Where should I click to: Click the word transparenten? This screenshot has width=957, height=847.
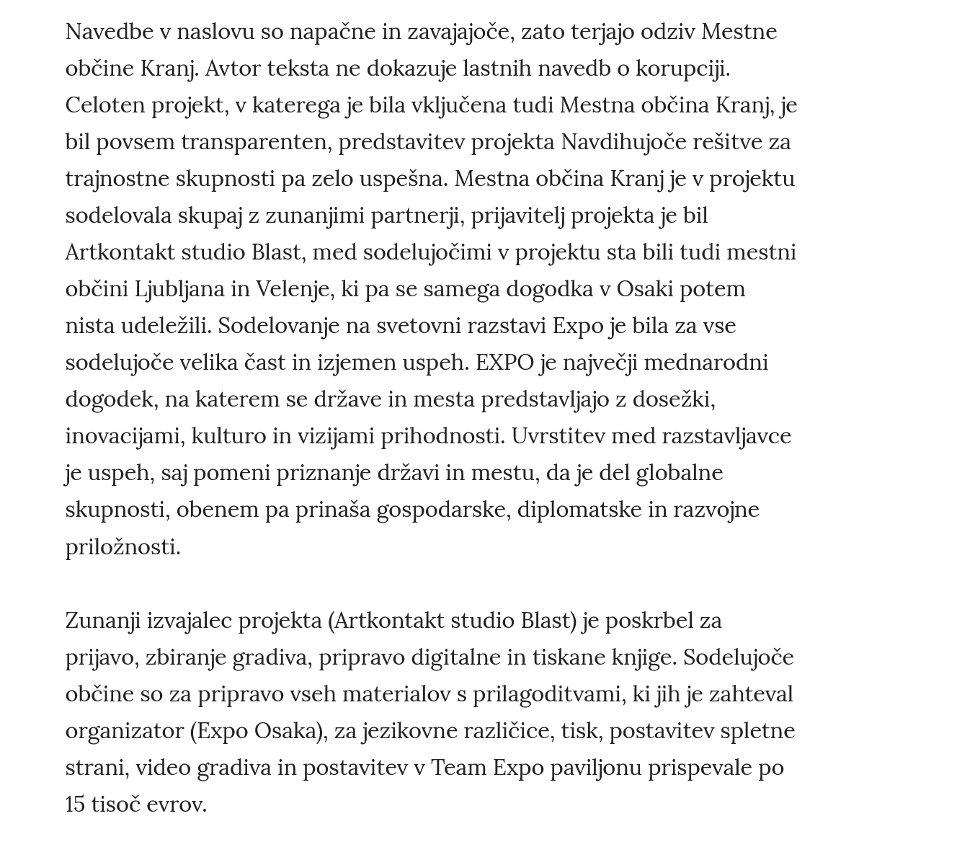coord(256,142)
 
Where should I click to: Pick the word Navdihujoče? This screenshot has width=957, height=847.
coord(623,142)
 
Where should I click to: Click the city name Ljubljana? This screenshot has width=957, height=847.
coord(179,289)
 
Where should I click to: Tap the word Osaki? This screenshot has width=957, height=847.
coord(645,289)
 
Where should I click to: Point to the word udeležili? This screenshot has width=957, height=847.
coord(166,326)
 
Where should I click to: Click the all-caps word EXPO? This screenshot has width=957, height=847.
coord(504,363)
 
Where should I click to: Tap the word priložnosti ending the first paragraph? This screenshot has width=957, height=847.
coord(123,547)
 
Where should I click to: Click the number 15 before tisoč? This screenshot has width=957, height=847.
coord(75,804)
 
